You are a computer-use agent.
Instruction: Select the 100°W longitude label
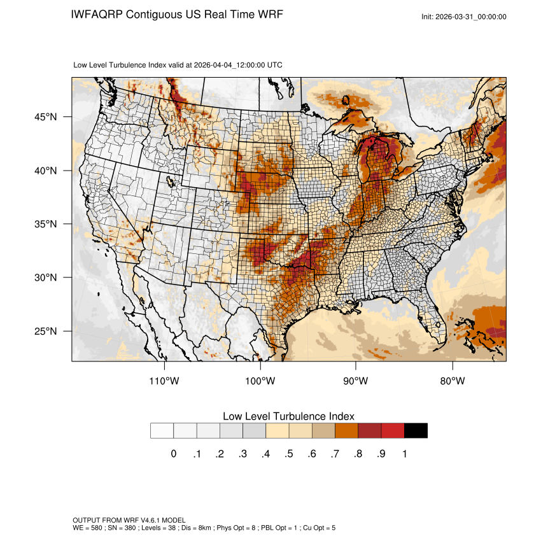260,381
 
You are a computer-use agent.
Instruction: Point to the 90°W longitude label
356,381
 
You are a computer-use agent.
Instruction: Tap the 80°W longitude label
452,381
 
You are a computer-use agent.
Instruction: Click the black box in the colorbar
416,430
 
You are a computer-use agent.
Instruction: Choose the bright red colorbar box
393,430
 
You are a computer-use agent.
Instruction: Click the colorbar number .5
288,454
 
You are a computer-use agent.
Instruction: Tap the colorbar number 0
173,454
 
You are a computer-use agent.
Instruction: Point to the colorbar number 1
404,454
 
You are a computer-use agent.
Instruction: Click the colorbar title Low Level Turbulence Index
288,416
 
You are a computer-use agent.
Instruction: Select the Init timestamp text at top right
464,17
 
